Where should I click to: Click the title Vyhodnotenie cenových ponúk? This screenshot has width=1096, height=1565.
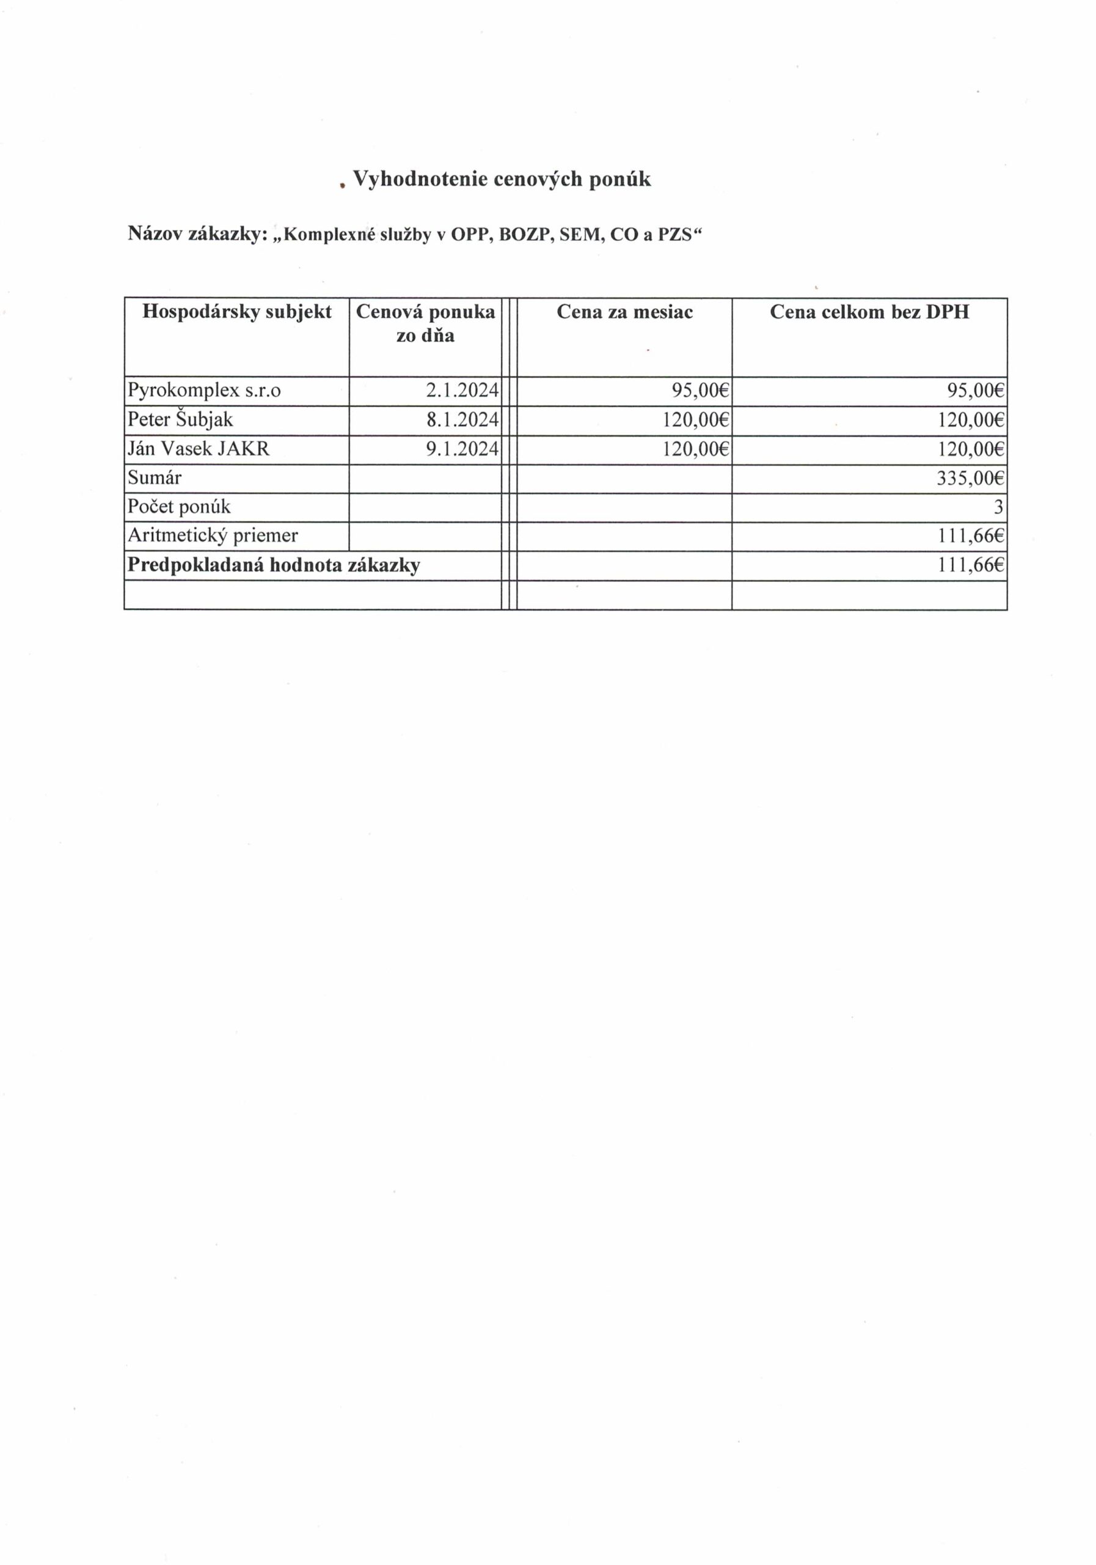coord(502,179)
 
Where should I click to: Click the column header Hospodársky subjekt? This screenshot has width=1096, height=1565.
coord(236,312)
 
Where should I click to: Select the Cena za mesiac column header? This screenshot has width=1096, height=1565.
coord(624,312)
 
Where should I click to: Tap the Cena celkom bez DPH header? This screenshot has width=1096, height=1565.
coord(869,312)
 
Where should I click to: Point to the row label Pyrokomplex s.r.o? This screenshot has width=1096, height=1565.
coord(203,391)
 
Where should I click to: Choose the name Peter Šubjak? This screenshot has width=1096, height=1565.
coord(180,419)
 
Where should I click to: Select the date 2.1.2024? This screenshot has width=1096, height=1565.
coord(462,391)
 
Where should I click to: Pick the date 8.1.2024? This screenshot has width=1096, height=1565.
coord(462,420)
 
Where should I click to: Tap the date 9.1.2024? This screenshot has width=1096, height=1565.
coord(462,449)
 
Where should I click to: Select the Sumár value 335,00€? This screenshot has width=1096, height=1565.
coord(970,478)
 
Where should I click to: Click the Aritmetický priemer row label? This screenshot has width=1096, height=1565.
coord(213,536)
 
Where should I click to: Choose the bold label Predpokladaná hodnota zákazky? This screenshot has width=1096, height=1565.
coord(274,565)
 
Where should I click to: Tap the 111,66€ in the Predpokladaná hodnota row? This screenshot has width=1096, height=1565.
coord(970,565)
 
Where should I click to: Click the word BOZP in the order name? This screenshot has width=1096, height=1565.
coord(524,235)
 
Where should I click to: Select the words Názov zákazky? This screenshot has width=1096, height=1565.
coord(195,234)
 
